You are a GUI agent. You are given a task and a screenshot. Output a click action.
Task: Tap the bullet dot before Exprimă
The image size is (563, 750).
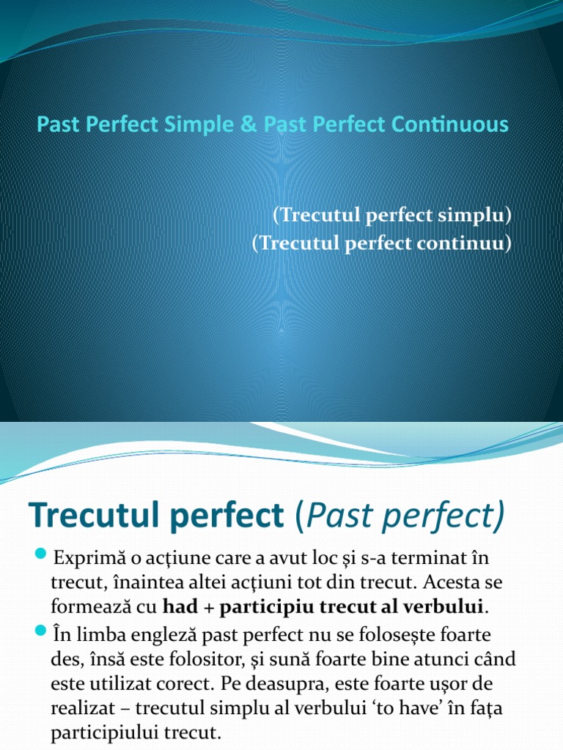[x=40, y=551]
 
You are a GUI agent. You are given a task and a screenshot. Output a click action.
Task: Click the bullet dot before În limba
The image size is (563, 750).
[x=40, y=629]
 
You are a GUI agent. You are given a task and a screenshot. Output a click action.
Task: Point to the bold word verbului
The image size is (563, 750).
[x=448, y=607]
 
